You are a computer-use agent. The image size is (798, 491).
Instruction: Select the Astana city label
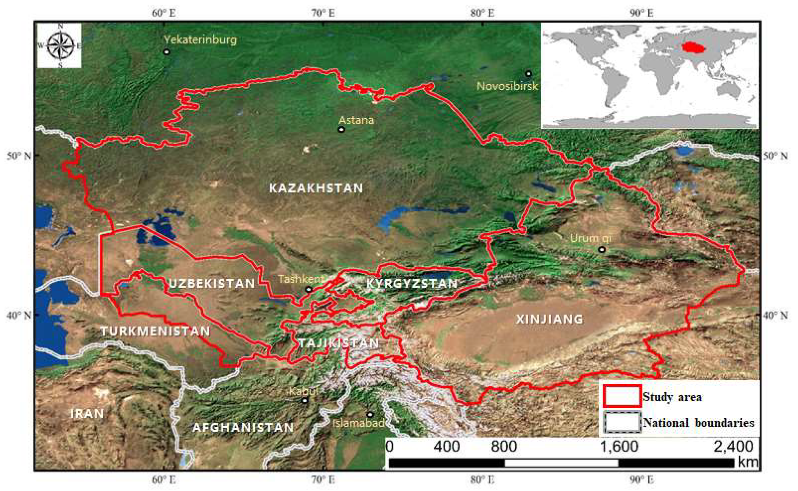click(x=356, y=120)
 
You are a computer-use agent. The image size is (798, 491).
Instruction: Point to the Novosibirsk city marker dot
click(x=529, y=74)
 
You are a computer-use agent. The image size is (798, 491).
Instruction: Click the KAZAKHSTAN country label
click(x=316, y=188)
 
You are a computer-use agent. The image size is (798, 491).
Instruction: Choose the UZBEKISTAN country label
click(x=212, y=284)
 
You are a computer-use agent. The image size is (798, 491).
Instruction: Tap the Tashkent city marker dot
click(x=309, y=289)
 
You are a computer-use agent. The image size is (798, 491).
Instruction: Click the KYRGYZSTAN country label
click(x=412, y=284)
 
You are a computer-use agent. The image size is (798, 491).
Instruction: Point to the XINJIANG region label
click(x=549, y=319)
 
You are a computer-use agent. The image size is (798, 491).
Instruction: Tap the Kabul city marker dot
click(x=304, y=400)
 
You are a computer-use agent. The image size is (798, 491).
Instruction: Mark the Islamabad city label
click(x=358, y=423)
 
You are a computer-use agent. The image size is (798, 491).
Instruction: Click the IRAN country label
click(x=87, y=413)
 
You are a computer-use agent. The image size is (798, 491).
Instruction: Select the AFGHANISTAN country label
click(x=243, y=427)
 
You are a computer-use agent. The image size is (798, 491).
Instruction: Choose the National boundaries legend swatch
click(x=622, y=422)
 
